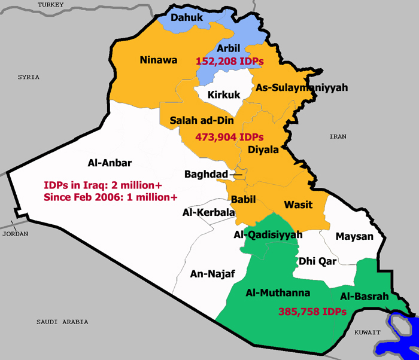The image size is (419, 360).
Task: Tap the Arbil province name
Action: [x=228, y=48]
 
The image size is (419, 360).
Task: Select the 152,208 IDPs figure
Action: [x=230, y=61]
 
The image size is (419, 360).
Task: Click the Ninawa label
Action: [x=157, y=59]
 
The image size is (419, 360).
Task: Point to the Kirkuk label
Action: [x=223, y=94]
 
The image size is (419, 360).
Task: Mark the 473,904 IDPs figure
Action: [x=229, y=137]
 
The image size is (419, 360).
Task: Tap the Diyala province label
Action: [x=263, y=150]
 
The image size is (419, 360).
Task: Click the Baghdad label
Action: [x=207, y=174]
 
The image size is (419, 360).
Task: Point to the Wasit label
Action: [x=298, y=205]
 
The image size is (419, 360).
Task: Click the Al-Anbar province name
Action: [x=110, y=162]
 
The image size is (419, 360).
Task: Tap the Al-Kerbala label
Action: [x=209, y=212]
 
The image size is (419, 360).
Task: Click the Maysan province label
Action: [x=354, y=236]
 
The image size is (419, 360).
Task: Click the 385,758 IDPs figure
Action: [x=312, y=312]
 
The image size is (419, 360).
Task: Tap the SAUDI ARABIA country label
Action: [x=62, y=322]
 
